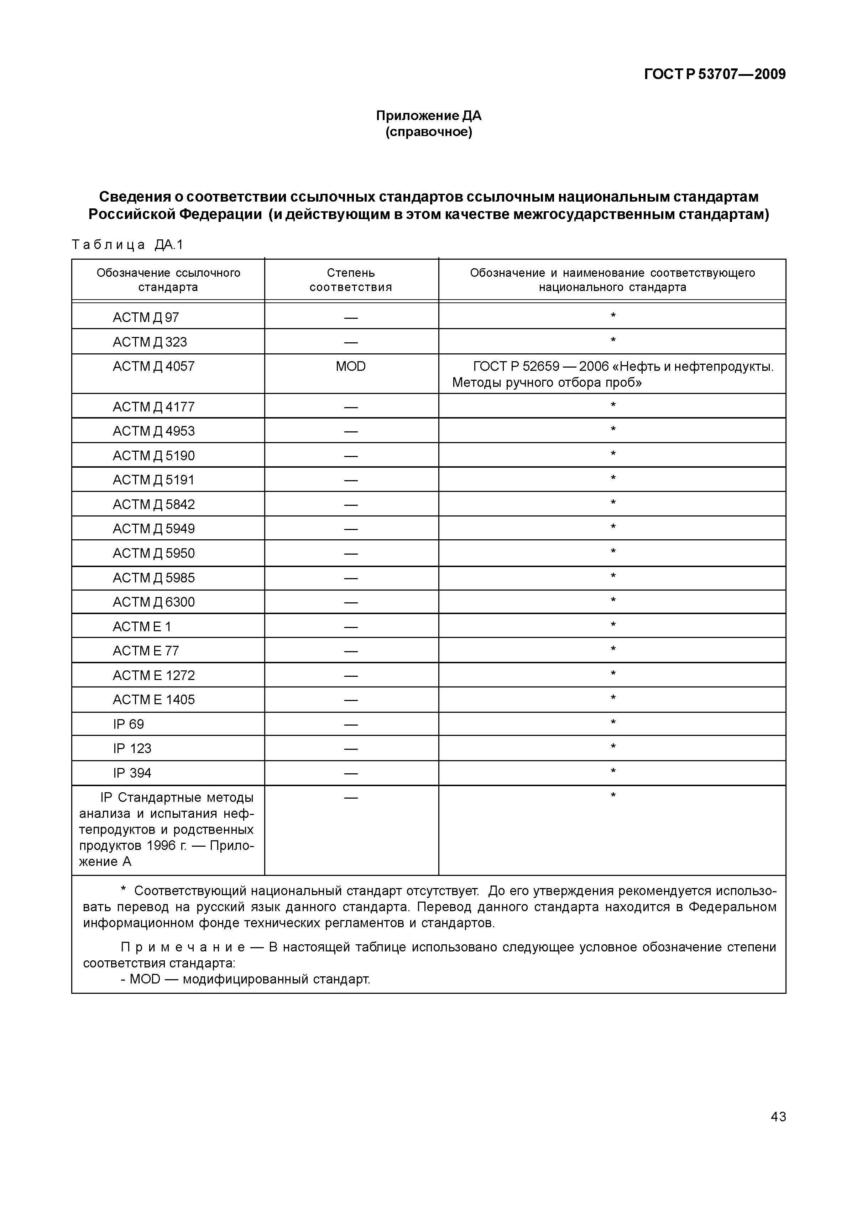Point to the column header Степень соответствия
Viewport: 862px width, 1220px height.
click(x=351, y=280)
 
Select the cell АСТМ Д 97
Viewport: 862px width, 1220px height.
click(x=146, y=317)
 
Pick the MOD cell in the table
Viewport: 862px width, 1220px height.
click(x=351, y=367)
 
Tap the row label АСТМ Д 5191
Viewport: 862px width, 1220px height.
click(x=153, y=480)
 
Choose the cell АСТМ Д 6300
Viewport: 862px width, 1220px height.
click(x=153, y=602)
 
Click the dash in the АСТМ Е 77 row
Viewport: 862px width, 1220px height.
click(x=351, y=651)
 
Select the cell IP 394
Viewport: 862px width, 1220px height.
click(x=132, y=773)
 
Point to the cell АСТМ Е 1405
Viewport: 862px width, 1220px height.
click(x=153, y=700)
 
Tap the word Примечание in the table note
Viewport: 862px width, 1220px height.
click(x=183, y=948)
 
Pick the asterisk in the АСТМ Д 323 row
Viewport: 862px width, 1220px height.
click(x=612, y=341)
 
